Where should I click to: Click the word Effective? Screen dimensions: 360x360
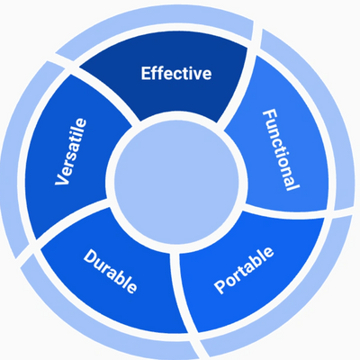pyautogui.click(x=176, y=74)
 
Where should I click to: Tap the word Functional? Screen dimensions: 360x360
pyautogui.click(x=281, y=150)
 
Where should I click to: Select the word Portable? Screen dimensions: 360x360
pyautogui.click(x=244, y=270)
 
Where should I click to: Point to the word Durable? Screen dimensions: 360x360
pyautogui.click(x=110, y=271)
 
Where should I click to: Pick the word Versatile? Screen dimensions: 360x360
pyautogui.click(x=71, y=152)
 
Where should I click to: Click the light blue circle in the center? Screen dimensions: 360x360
pyautogui.click(x=177, y=182)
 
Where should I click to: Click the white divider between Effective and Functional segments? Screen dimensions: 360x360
pyautogui.click(x=237, y=87)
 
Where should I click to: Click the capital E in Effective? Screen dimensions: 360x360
pyautogui.click(x=146, y=74)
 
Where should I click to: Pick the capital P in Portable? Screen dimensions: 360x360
pyautogui.click(x=221, y=286)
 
